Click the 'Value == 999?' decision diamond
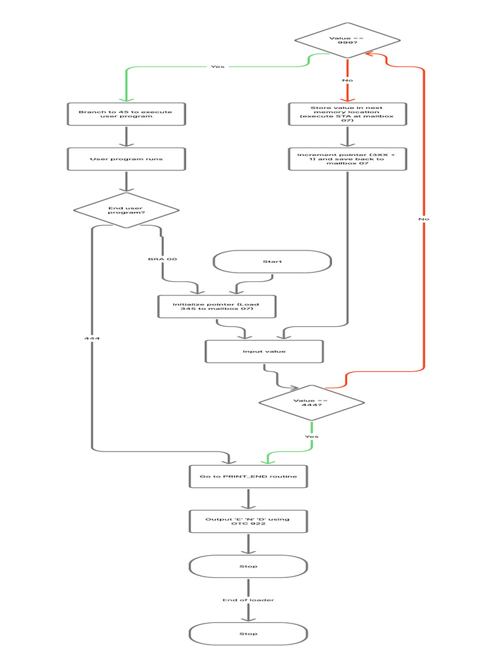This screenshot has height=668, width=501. tap(347, 40)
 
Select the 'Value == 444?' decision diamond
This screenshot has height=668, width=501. tap(311, 402)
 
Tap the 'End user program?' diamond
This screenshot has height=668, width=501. tap(126, 210)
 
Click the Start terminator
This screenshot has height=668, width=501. tap(272, 262)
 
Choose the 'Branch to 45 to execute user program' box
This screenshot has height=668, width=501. tap(126, 114)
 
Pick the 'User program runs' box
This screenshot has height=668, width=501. tap(126, 159)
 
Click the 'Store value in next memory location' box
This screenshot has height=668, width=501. tap(347, 114)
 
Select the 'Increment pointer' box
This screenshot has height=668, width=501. tap(347, 159)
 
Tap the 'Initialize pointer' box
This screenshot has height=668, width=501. tap(217, 307)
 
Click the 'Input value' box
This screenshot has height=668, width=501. tap(264, 352)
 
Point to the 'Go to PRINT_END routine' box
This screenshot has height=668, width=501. tap(249, 476)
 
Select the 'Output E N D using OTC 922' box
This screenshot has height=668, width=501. tap(249, 521)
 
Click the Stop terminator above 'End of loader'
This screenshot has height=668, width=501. tap(249, 566)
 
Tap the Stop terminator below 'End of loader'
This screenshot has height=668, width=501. tap(249, 634)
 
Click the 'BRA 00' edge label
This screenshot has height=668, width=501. tap(162, 259)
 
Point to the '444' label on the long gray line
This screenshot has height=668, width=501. tap(92, 339)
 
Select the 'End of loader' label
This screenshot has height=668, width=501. tap(249, 600)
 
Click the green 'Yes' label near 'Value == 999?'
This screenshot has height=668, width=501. tap(217, 67)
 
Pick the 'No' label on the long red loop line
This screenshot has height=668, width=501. tap(424, 219)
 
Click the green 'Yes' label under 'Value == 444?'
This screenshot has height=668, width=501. tap(312, 436)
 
